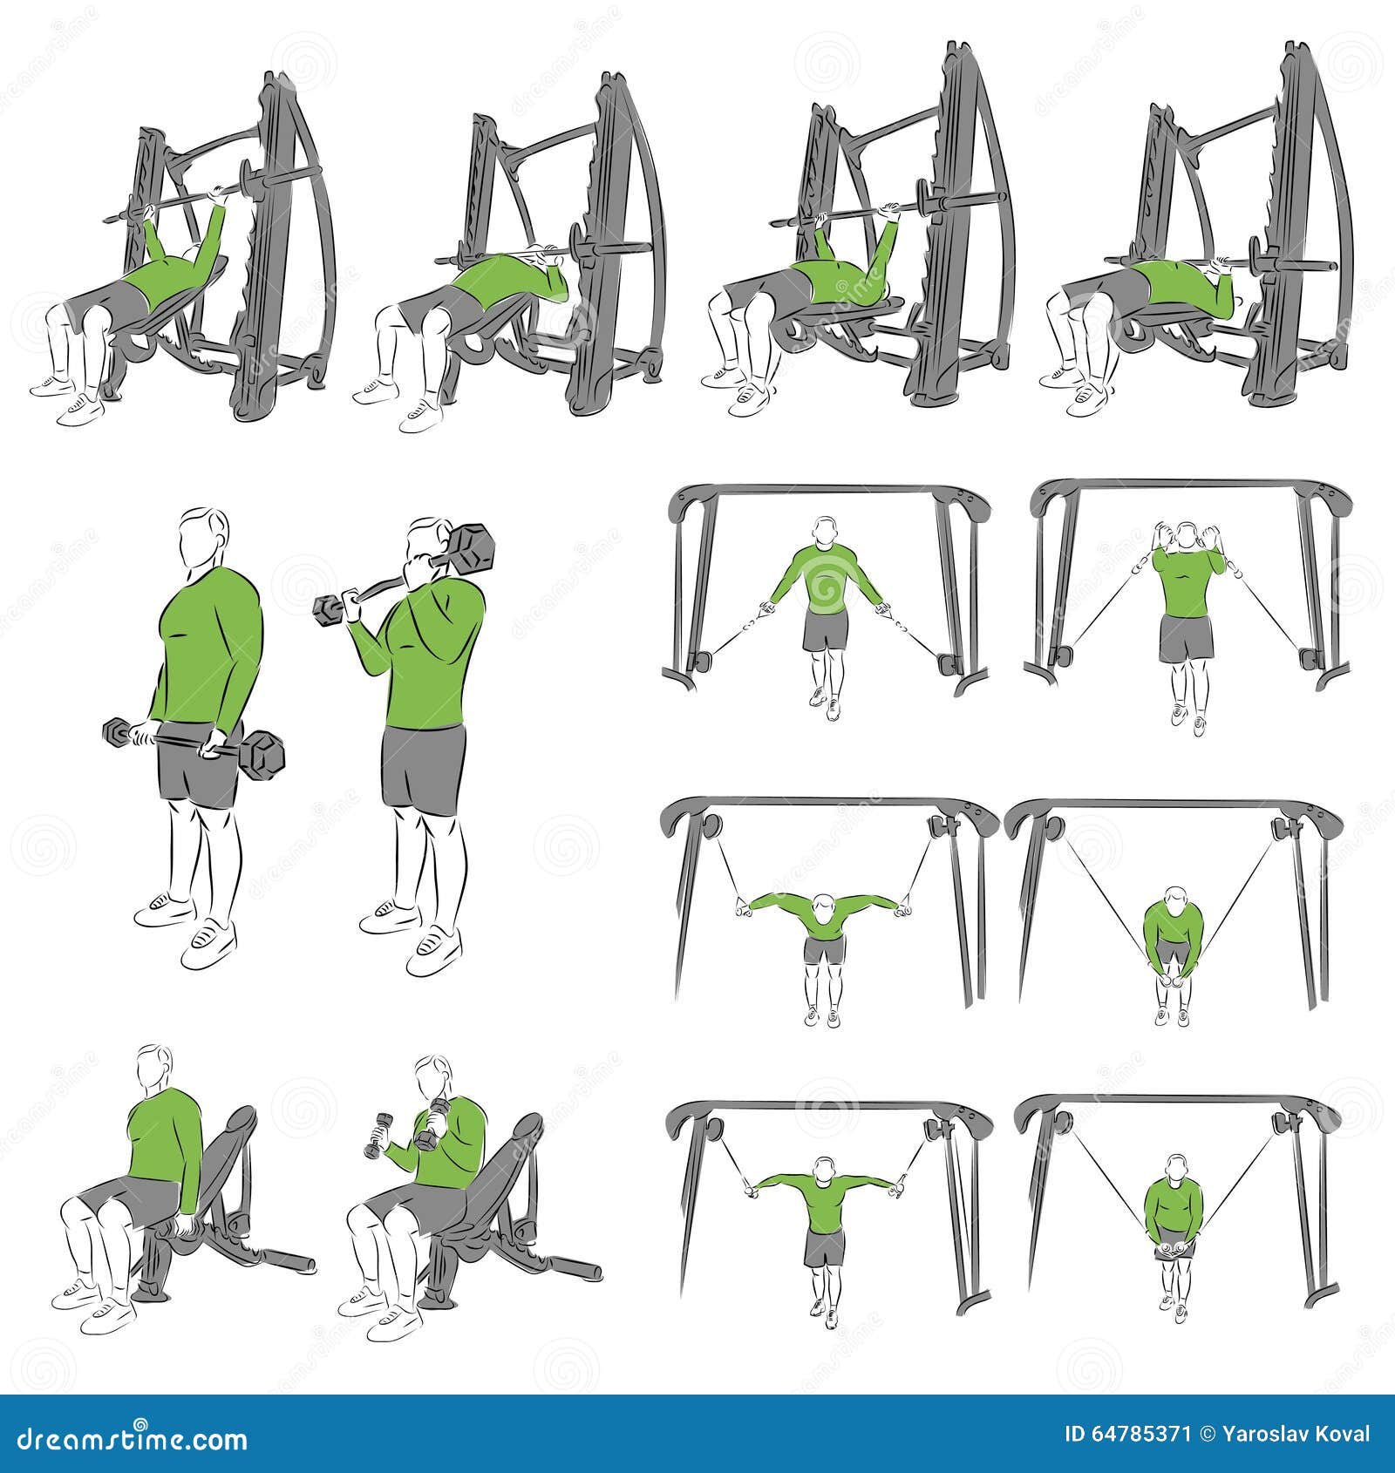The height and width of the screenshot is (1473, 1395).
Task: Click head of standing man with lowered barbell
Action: [x=205, y=537]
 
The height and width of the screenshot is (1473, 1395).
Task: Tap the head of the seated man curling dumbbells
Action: [x=432, y=1078]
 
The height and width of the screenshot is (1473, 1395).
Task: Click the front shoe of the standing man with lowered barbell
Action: [x=208, y=941]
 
